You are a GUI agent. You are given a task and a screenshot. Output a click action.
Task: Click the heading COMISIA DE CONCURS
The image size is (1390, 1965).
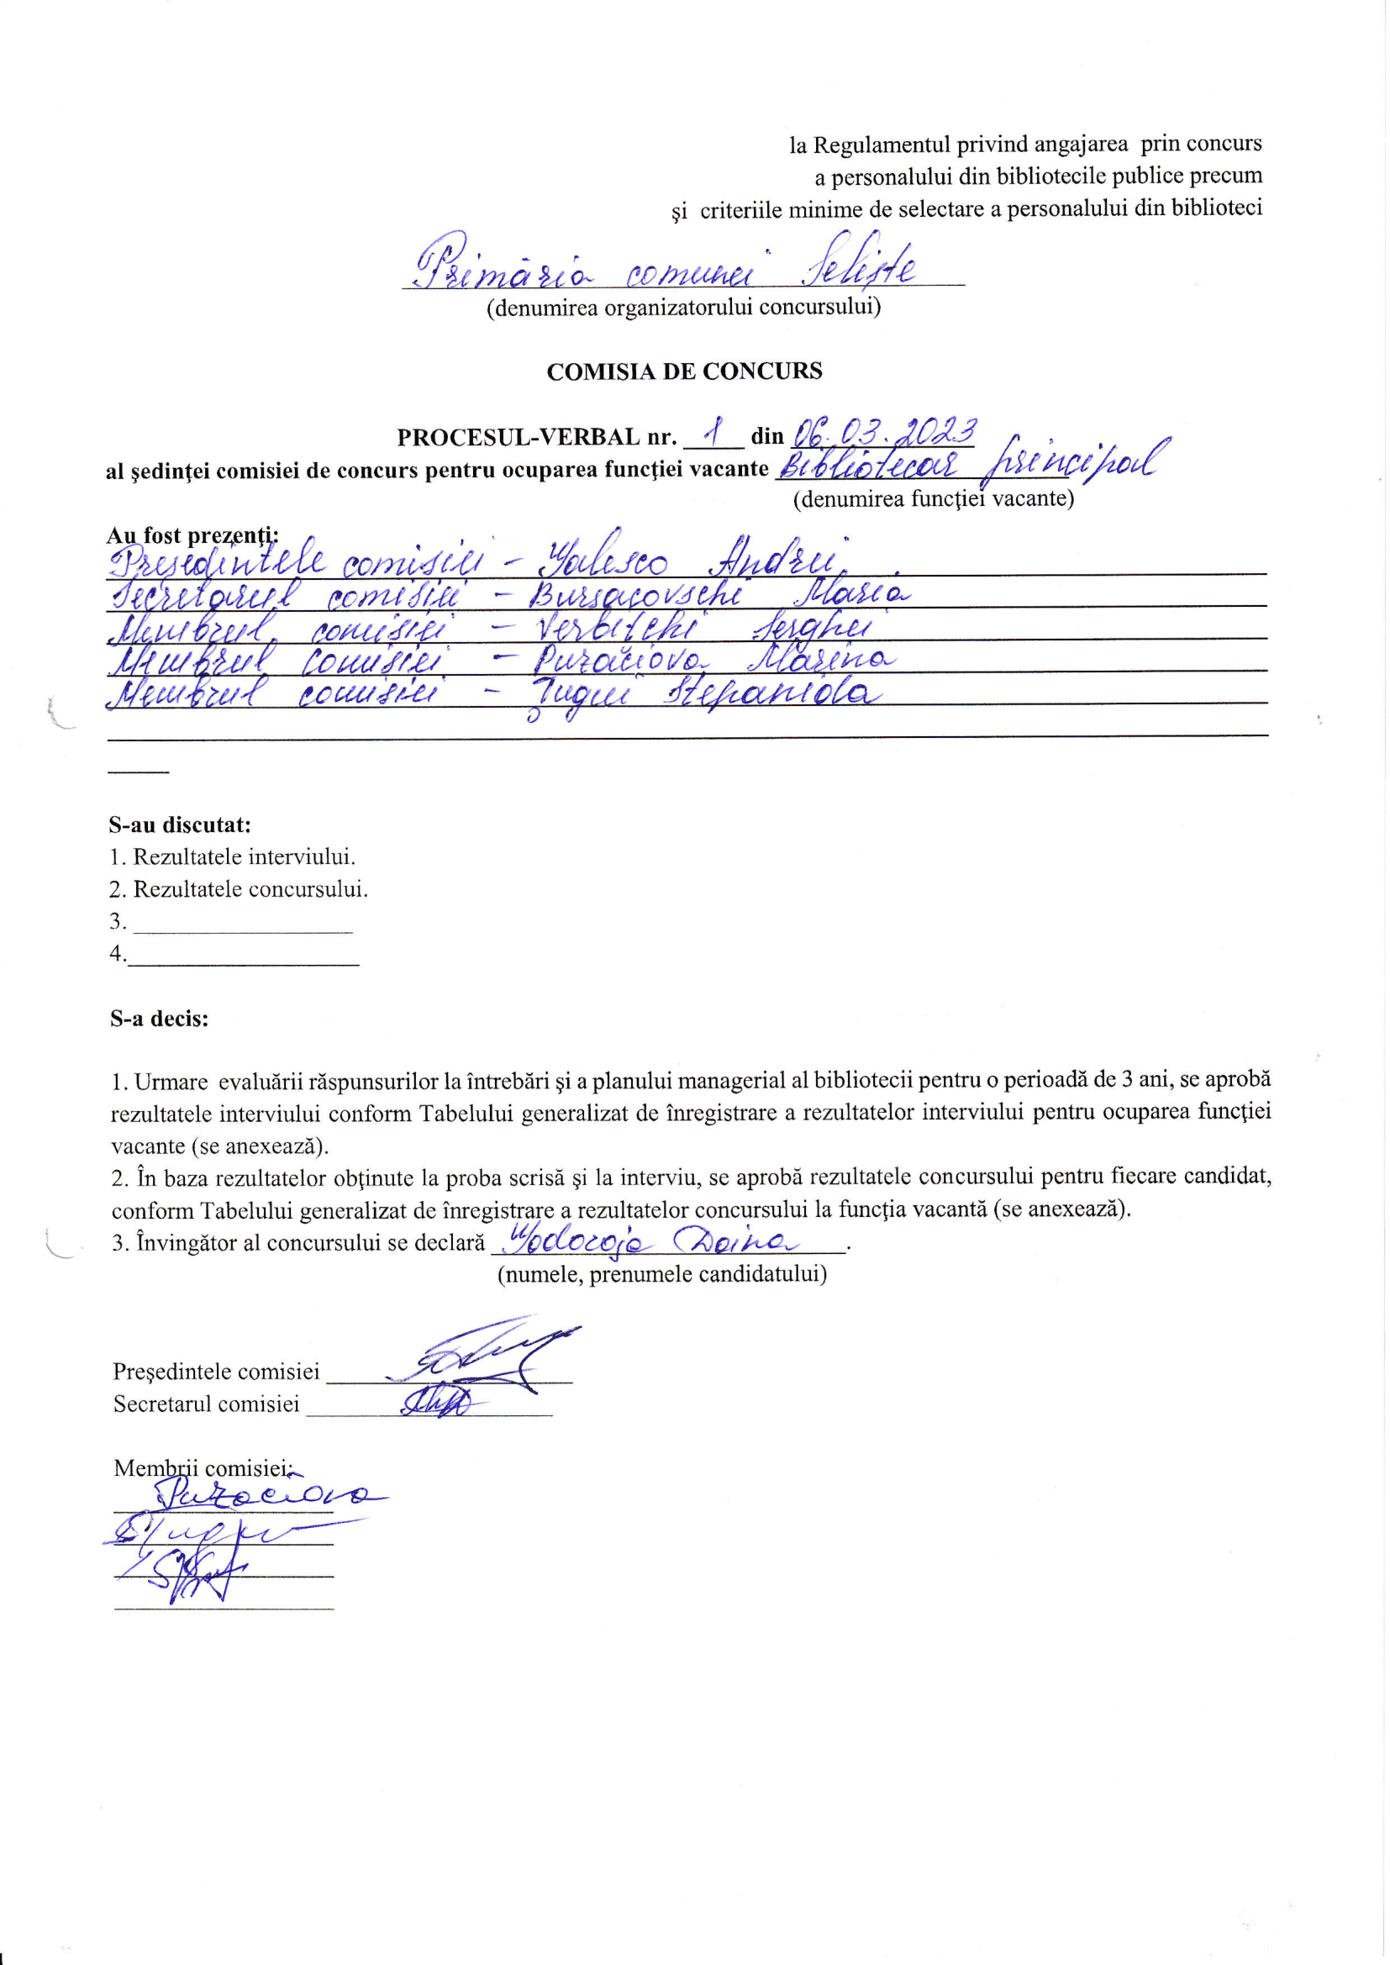click(684, 371)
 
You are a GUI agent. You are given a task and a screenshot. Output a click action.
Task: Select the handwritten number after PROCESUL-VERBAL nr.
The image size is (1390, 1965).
click(713, 431)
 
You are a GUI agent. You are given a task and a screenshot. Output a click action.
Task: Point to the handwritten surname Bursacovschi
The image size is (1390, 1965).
click(635, 593)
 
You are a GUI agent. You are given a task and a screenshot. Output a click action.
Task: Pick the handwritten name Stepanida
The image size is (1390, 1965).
click(773, 693)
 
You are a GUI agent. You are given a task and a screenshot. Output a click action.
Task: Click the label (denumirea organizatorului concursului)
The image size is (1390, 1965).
click(684, 307)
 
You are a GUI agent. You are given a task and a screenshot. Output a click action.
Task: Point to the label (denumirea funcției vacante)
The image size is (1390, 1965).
click(933, 498)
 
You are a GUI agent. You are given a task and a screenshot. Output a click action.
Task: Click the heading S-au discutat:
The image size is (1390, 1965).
click(180, 825)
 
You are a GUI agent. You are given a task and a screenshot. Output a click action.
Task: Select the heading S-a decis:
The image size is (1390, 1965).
click(159, 1019)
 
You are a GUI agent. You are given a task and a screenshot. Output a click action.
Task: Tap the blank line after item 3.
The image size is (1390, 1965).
click(243, 925)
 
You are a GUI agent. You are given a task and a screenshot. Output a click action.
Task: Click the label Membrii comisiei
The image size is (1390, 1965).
click(202, 1468)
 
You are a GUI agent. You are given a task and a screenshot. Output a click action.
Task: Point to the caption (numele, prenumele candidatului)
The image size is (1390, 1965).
click(661, 1274)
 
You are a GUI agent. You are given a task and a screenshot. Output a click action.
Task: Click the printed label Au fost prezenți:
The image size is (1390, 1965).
click(192, 535)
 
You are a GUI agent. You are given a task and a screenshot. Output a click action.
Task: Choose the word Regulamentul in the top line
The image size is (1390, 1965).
click(881, 145)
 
